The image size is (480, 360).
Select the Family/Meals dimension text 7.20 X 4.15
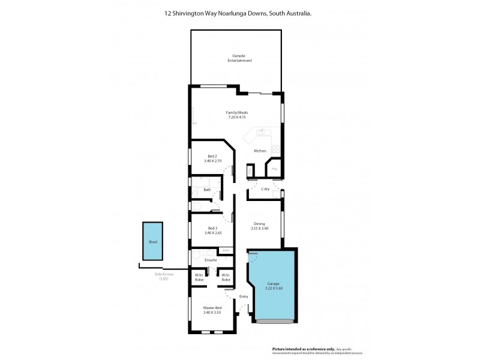pos(238,118)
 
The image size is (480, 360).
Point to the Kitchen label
pos(260,151)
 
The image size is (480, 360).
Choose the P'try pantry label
pos(274,170)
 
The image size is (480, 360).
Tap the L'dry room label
pos(265,189)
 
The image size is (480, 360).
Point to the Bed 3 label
pos(212,228)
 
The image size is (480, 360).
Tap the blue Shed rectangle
pos(153,242)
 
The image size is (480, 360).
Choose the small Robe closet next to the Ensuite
pos(226,250)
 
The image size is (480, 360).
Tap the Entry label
pos(244,296)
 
